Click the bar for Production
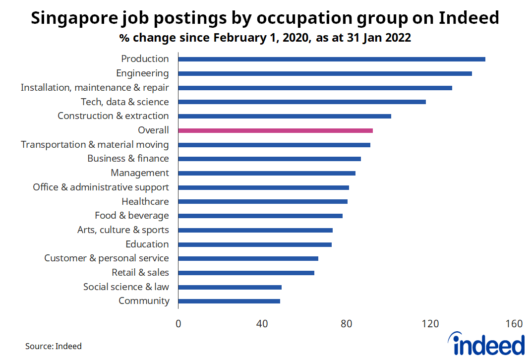(331, 59)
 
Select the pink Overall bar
(275, 130)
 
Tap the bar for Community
(229, 301)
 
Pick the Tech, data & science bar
(301, 102)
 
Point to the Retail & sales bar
(246, 273)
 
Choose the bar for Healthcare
(263, 201)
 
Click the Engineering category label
(142, 73)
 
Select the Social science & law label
(126, 287)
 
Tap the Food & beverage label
(131, 216)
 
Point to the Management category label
(140, 173)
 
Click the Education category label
(147, 244)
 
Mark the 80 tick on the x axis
(346, 324)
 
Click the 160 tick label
(514, 324)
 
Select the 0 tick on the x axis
(178, 324)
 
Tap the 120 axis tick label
(430, 324)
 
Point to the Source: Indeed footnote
(54, 346)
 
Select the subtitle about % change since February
(265, 38)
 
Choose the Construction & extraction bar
(285, 116)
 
